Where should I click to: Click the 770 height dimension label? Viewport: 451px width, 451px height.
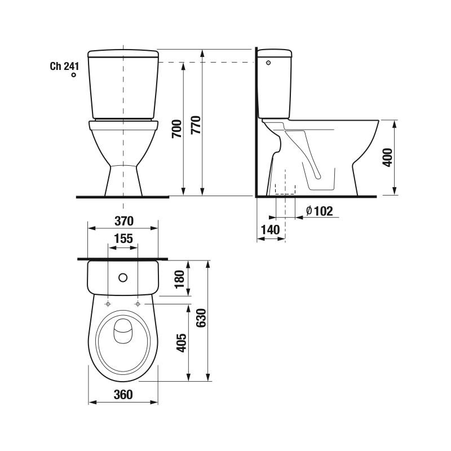click(196, 125)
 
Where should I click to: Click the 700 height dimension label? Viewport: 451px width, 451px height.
click(177, 129)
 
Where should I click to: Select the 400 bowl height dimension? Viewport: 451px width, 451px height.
click(387, 157)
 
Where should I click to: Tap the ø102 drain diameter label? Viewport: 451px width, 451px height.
click(320, 211)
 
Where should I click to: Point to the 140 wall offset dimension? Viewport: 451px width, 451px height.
click(270, 230)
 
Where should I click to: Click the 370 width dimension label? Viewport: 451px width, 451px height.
click(124, 221)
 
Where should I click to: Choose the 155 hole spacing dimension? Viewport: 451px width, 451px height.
click(123, 238)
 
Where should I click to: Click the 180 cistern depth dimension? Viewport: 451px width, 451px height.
click(179, 279)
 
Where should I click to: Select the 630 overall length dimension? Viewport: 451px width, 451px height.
click(201, 318)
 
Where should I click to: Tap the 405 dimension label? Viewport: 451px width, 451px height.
click(182, 343)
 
